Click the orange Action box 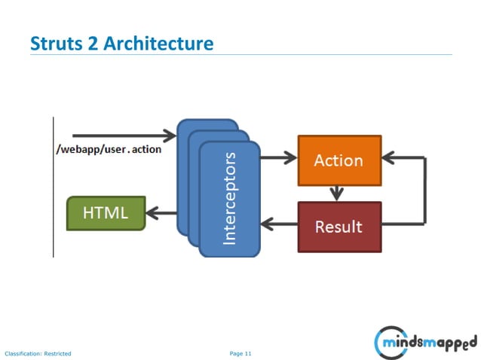point(339,160)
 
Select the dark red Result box point(339,226)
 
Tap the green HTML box point(106,213)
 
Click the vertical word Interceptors point(230,198)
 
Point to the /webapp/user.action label point(109,149)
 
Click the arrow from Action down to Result point(337,192)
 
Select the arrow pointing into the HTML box point(161,213)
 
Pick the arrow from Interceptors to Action point(278,158)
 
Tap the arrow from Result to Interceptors point(279,224)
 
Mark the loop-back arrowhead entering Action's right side point(389,158)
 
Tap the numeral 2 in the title point(94,44)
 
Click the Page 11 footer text point(240,352)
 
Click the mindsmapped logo point(425,343)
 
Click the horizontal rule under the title point(241,54)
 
